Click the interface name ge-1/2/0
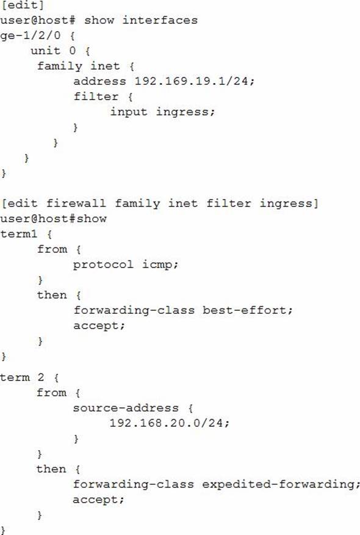[x=31, y=35]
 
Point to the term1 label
[x=19, y=234]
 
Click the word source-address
[x=126, y=408]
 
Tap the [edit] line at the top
[x=23, y=5]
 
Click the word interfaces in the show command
[x=160, y=20]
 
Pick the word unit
[x=45, y=51]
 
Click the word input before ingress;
[x=129, y=112]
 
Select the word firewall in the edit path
[x=76, y=203]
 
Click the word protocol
[x=103, y=265]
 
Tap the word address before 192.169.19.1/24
[x=99, y=81]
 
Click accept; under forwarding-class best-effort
[x=99, y=326]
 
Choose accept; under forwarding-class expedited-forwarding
[x=98, y=500]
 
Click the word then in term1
[x=52, y=295]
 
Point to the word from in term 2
[x=51, y=393]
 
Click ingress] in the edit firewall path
[x=289, y=204]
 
